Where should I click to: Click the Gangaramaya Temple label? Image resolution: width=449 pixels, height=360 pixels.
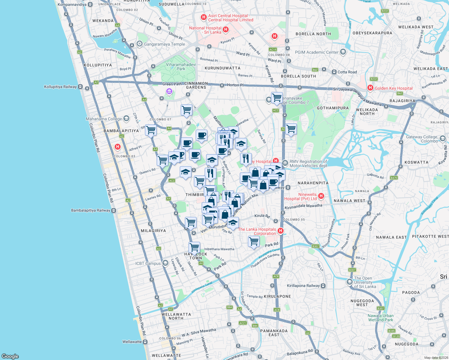coord(164,44)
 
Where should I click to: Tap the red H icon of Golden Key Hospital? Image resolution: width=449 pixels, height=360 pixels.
coord(370,88)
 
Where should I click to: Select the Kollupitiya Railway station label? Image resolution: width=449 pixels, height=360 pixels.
coord(60,87)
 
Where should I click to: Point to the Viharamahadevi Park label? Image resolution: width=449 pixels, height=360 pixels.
coord(181,67)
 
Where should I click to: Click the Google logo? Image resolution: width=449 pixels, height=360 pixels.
coord(10,356)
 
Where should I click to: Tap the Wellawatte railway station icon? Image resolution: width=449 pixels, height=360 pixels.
coord(145,342)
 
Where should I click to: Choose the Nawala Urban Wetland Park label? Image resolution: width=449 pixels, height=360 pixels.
coord(381,318)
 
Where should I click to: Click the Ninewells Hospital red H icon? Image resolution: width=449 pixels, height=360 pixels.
coord(321,196)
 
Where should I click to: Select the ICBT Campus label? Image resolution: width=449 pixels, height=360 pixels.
coord(148,263)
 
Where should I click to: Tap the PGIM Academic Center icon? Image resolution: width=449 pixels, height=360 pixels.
coord(343,52)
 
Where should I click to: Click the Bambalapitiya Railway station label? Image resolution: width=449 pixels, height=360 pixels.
coord(91,210)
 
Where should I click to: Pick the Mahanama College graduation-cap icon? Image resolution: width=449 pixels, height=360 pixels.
coord(126,118)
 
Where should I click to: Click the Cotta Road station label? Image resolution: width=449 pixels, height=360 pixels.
coord(347,72)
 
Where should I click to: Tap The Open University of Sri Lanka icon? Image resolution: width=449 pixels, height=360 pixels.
coord(349,282)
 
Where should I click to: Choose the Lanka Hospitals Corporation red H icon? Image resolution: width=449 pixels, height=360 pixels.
coord(281,231)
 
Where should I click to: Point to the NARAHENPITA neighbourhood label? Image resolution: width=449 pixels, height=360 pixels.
coord(313,183)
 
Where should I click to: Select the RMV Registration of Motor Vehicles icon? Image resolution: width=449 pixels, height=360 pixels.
coord(285,163)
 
